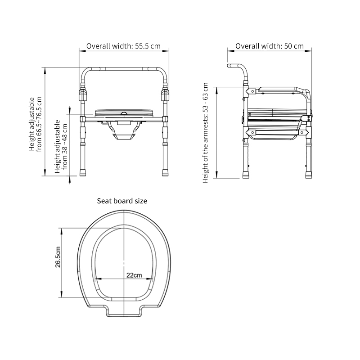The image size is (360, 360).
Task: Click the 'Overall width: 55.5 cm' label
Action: pos(123,46)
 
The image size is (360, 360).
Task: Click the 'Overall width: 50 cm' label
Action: pos(270,46)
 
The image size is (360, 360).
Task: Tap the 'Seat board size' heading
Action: pos(122,201)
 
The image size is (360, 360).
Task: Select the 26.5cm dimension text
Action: pos(58,257)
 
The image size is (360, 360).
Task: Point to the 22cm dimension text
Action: pos(134,275)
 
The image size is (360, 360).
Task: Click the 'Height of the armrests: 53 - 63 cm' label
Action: pos(205,133)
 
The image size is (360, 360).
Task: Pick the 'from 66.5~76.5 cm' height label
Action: pos(39,124)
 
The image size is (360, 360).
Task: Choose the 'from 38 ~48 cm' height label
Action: pos(64,147)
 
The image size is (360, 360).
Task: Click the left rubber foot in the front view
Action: pos(83,173)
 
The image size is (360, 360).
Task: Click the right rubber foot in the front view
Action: pos(165,173)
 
